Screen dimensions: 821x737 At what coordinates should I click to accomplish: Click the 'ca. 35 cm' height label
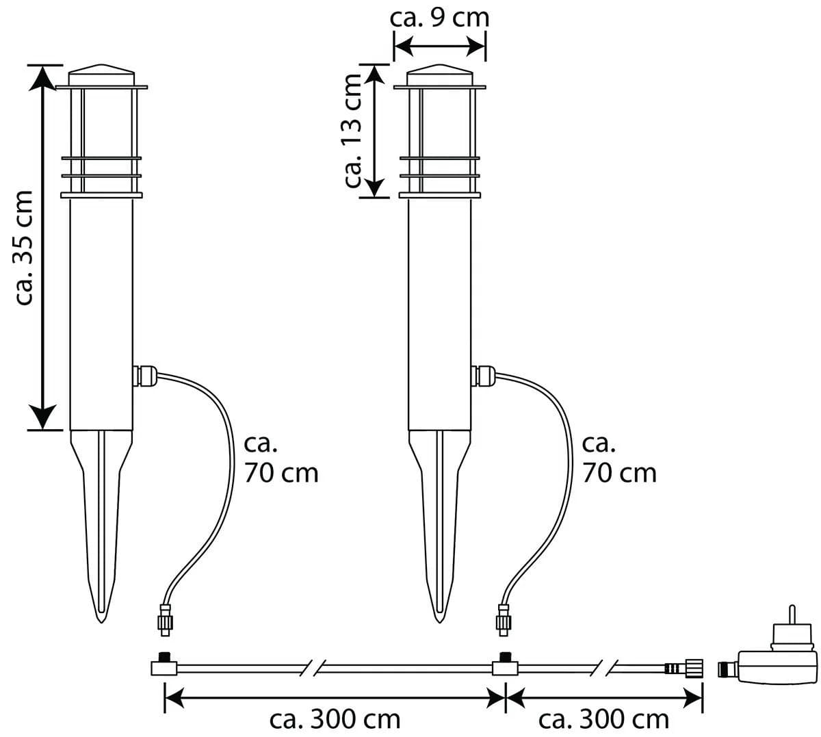click(x=24, y=247)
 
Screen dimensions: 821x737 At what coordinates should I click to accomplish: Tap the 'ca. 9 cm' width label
click(x=439, y=18)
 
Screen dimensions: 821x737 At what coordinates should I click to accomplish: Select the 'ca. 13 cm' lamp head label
click(x=352, y=131)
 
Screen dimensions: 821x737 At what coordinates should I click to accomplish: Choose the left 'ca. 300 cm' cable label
click(x=335, y=719)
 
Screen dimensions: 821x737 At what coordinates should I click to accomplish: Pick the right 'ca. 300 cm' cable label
click(x=603, y=719)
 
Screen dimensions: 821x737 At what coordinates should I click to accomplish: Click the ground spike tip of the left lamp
click(x=101, y=621)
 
